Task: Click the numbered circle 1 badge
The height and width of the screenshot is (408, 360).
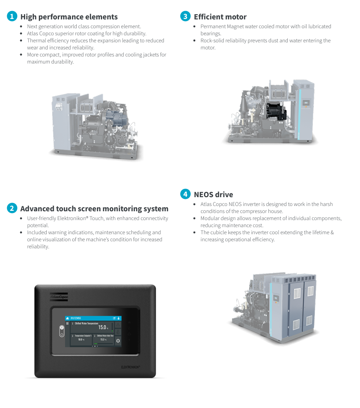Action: (12, 17)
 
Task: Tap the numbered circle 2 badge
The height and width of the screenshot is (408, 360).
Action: (12, 208)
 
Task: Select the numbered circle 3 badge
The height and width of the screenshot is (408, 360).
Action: (186, 17)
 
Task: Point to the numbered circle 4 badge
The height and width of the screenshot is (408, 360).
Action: (186, 194)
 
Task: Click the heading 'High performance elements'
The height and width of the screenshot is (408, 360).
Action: (69, 17)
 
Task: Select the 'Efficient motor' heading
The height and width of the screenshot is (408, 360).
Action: (220, 17)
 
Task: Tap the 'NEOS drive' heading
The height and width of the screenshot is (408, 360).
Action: (213, 195)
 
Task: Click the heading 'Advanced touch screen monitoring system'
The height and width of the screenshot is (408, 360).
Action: (94, 209)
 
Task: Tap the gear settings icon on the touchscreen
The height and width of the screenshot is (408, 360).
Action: (118, 341)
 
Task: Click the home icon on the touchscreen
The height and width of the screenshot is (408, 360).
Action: (67, 318)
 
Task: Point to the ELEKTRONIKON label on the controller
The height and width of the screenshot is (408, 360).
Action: (130, 367)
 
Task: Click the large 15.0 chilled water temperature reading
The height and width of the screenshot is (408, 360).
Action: (103, 327)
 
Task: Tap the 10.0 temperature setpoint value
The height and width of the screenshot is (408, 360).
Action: (81, 340)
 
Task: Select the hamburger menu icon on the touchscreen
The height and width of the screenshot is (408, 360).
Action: (67, 323)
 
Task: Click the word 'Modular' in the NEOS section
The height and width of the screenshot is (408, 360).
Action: (210, 218)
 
